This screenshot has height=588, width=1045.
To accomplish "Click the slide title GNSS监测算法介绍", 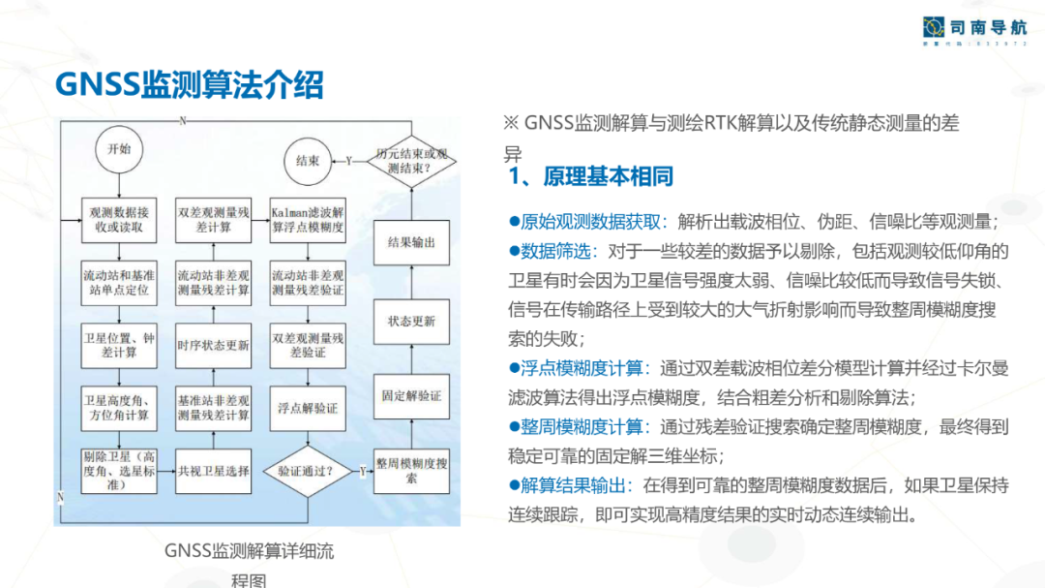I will coord(190,84).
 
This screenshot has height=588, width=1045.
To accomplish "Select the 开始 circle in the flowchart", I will coord(118,150).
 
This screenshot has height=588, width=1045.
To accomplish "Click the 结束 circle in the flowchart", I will coord(308,161).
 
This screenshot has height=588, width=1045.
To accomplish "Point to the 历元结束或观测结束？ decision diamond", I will coord(411,161).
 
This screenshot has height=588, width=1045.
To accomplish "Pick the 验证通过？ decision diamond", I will coord(307,472).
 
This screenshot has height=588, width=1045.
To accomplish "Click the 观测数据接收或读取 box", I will coord(117,220).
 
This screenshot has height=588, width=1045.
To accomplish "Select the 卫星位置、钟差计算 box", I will coord(117,346).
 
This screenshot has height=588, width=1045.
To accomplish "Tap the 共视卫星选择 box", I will coord(213,472).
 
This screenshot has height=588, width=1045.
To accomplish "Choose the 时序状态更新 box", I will coord(213,346).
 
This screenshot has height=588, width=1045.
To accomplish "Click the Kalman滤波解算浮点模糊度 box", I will coord(308,220).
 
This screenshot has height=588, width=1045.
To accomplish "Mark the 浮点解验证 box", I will coord(308,409).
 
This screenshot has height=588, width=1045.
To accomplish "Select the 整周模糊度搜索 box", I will coord(411,472).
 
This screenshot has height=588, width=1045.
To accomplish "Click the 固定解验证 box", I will coord(411,396).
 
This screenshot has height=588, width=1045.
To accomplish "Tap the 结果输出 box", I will coord(411,242).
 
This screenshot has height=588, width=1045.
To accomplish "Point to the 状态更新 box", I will coord(411,321).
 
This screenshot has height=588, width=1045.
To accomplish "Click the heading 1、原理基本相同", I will coord(590,177).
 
